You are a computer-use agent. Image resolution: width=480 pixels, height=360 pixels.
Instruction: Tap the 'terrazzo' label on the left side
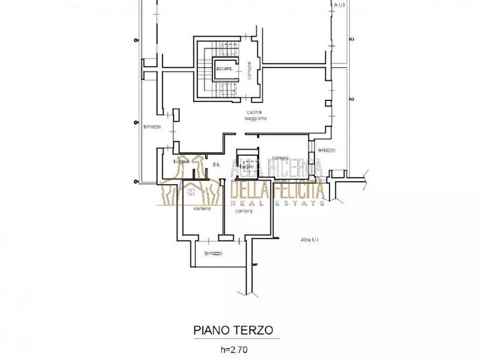pos(152,127)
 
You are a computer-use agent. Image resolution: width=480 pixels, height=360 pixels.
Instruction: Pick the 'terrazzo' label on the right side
pos(326,150)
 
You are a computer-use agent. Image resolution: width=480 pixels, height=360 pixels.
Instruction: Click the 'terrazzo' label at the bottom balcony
pos(213,253)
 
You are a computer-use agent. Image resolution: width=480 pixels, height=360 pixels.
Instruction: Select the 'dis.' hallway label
pos(217,164)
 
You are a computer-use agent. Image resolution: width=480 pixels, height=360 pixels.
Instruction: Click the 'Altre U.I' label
pos(310,240)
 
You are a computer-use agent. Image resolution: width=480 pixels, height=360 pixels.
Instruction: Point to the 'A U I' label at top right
pos(340,5)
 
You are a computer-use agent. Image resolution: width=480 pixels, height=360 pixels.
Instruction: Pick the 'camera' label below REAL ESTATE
pos(243,211)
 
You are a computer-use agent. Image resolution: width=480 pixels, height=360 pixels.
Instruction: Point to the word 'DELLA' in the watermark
pos(250,190)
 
